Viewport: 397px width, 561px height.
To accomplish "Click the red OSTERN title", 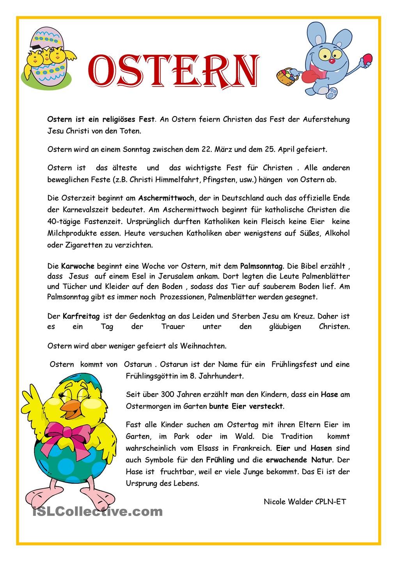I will tap(173, 71).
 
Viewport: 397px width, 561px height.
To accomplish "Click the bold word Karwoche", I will tap(78, 266).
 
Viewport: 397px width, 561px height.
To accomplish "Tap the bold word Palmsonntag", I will tap(261, 266).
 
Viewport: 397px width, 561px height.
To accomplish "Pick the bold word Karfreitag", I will tap(81, 316).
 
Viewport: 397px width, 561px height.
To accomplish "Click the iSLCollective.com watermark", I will tap(97, 511).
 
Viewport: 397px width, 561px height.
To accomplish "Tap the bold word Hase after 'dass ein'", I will tap(329, 394).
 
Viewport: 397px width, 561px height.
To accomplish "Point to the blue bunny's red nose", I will tap(331, 61).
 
